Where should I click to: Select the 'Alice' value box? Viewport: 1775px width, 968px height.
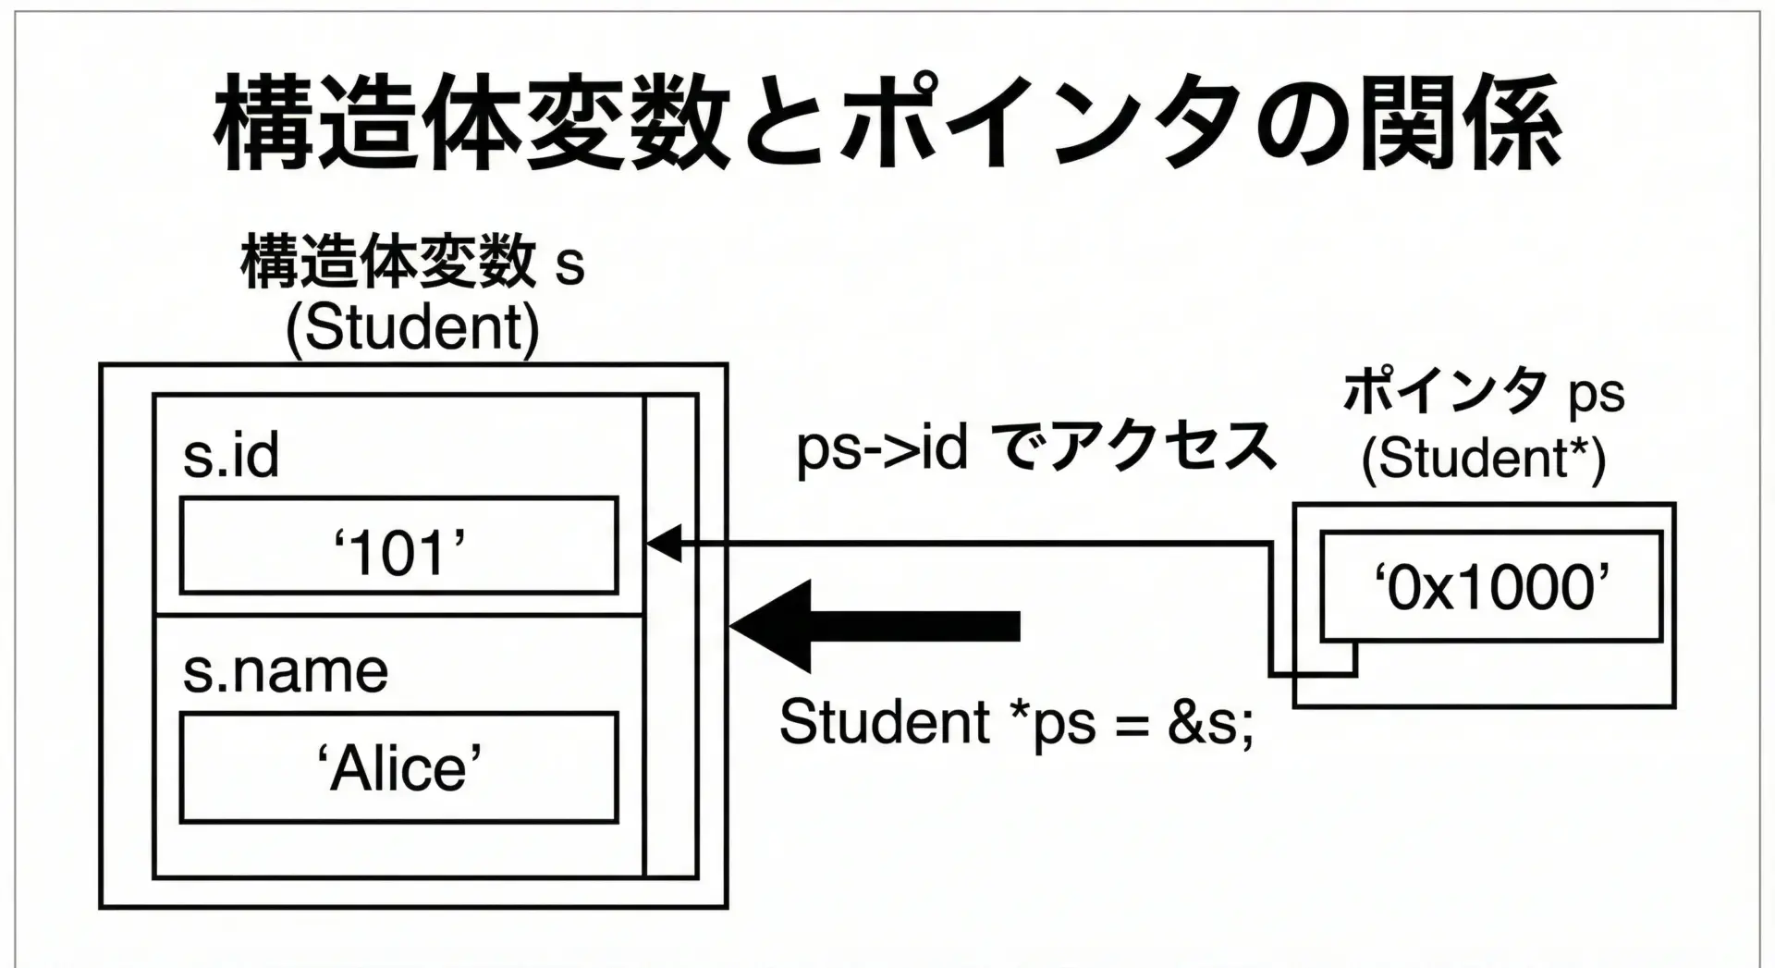point(399,767)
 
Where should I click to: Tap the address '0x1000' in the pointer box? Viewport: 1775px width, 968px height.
point(1491,587)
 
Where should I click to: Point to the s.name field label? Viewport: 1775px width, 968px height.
point(285,671)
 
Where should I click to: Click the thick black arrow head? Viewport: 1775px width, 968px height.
point(773,626)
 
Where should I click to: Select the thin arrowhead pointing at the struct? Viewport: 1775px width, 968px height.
point(664,544)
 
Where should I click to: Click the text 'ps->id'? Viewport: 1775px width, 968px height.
point(882,449)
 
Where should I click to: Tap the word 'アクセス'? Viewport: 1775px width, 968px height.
point(1163,447)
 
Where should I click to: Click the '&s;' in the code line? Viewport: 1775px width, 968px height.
point(1211,722)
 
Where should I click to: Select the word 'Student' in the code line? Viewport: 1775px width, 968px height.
point(884,722)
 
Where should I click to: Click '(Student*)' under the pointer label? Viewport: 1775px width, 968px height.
point(1483,458)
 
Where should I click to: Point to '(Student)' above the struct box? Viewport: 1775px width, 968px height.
point(412,327)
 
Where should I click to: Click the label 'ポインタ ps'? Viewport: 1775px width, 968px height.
point(1483,392)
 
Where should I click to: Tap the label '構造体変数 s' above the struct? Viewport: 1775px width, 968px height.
point(412,262)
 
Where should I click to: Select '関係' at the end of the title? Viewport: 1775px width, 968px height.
point(1461,125)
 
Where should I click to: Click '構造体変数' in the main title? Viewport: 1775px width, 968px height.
point(471,125)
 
